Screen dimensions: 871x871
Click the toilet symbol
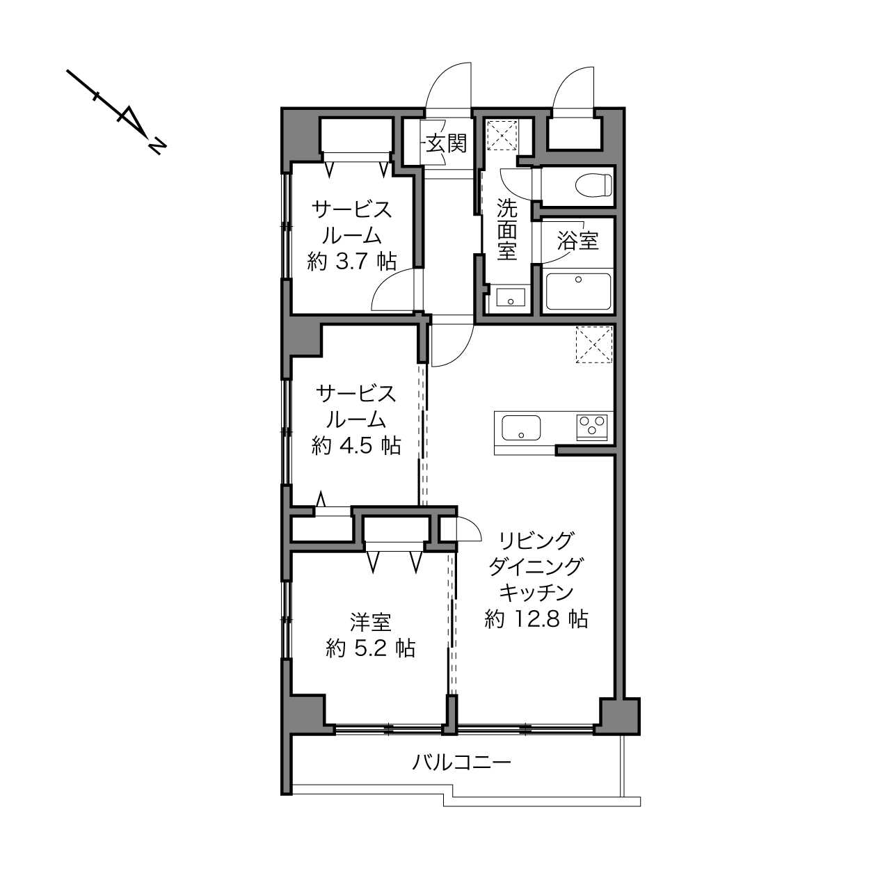tap(593, 185)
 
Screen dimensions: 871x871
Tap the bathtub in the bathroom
tap(578, 291)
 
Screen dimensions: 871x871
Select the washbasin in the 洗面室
tap(511, 298)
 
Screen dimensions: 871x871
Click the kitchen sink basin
tap(521, 428)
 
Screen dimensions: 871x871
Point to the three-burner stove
tap(592, 426)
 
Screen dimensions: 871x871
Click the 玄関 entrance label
tap(447, 144)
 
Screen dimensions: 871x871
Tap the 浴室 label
tap(577, 241)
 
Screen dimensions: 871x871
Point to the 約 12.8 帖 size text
tap(536, 618)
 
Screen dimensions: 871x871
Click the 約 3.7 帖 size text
tap(352, 262)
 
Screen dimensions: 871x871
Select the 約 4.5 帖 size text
tap(356, 446)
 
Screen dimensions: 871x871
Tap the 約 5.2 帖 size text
tap(370, 649)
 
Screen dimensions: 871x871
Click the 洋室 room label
tap(370, 623)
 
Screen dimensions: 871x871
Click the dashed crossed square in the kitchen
tap(594, 344)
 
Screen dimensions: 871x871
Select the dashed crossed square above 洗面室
tap(502, 135)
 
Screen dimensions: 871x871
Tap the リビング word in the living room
tap(536, 541)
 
